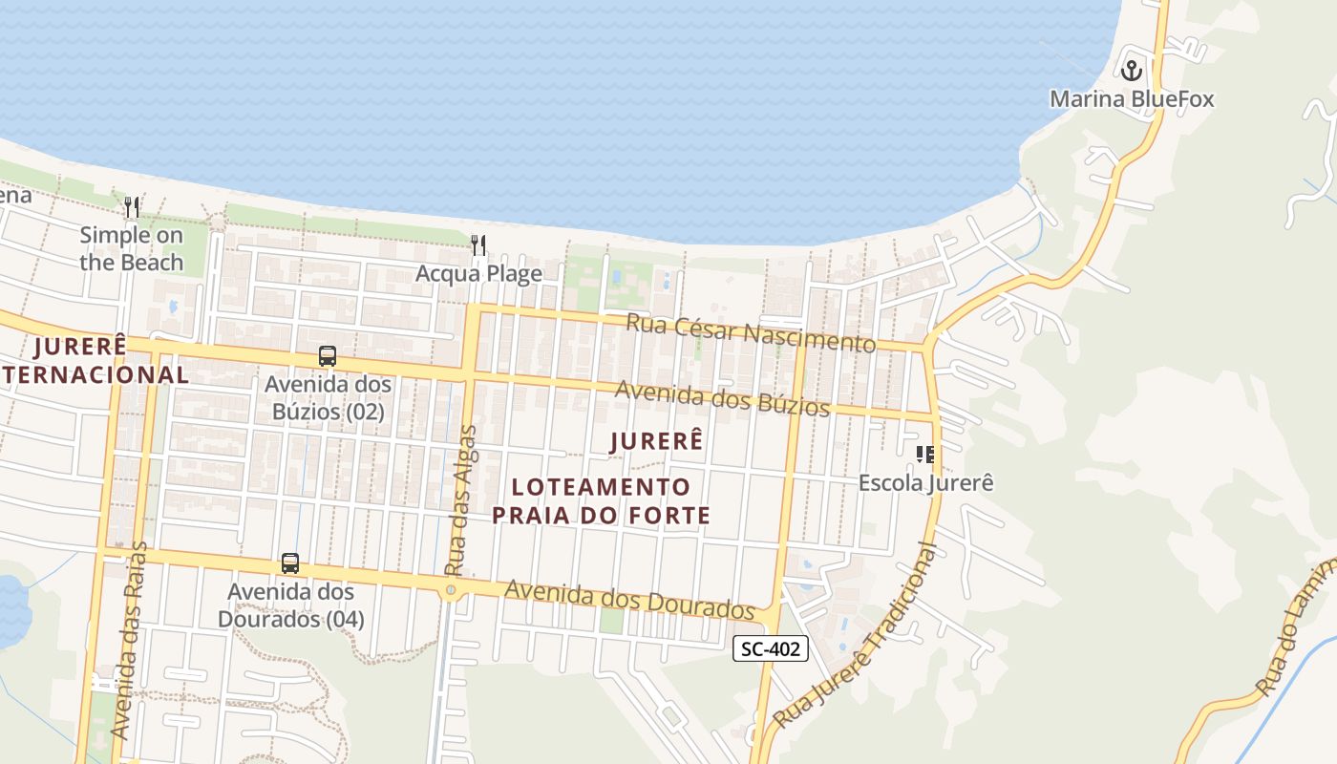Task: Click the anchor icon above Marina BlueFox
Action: click(x=1132, y=70)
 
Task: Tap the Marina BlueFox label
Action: click(x=1132, y=99)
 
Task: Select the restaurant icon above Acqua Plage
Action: click(x=478, y=245)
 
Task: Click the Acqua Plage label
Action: click(x=478, y=274)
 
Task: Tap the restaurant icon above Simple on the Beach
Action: click(x=132, y=206)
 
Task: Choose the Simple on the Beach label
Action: click(x=132, y=248)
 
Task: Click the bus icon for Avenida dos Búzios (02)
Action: click(x=328, y=356)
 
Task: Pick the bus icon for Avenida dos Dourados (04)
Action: click(x=290, y=563)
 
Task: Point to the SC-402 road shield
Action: click(x=771, y=649)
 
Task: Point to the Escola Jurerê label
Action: click(x=925, y=483)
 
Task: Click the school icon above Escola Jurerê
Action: click(x=924, y=455)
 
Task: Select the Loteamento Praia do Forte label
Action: click(x=601, y=501)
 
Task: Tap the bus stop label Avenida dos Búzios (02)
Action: click(x=328, y=398)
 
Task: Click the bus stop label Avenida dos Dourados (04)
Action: click(x=290, y=605)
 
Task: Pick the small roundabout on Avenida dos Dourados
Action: click(x=451, y=591)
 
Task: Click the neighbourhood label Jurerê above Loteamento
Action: click(x=656, y=441)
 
